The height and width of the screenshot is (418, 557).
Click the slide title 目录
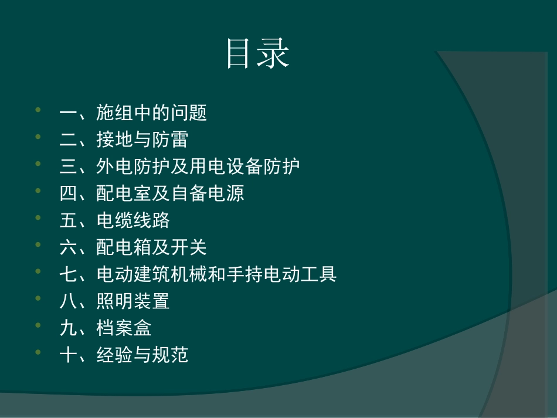tap(258, 55)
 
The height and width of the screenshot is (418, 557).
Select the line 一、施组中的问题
tap(133, 113)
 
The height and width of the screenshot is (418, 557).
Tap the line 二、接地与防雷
tap(124, 140)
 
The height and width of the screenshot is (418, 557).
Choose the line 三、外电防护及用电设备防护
tap(180, 166)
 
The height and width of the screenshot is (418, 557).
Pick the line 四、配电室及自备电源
tap(152, 193)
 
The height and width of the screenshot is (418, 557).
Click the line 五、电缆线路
tap(115, 220)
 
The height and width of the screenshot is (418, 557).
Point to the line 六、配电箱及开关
tap(133, 247)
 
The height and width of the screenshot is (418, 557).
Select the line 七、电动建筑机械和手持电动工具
tap(198, 274)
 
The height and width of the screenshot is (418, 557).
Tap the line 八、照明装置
tap(115, 301)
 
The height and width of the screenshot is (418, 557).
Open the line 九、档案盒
tap(106, 328)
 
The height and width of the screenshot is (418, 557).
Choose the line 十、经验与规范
tap(124, 355)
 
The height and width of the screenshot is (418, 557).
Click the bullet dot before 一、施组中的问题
tap(39, 110)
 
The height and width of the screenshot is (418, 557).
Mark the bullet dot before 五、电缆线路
tap(39, 218)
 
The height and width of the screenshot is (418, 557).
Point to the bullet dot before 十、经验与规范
tap(39, 352)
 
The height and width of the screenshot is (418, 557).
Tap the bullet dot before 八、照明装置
tap(39, 298)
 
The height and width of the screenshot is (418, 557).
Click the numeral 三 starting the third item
tap(68, 166)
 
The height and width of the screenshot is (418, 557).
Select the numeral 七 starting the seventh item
tap(68, 274)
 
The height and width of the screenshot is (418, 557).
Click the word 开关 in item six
tap(189, 247)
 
